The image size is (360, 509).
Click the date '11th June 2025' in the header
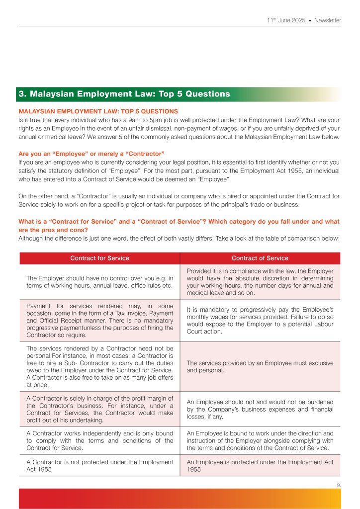(x=285, y=20)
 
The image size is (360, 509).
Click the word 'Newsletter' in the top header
(x=328, y=20)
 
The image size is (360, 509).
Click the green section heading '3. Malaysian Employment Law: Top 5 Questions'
(x=124, y=94)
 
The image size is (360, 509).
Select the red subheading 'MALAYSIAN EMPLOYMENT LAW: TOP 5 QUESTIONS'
(x=98, y=111)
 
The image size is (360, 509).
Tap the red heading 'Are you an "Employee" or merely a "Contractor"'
(x=91, y=153)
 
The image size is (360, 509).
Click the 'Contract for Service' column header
(x=99, y=258)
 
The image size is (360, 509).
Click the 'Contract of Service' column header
(x=260, y=258)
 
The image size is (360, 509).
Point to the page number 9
(x=339, y=483)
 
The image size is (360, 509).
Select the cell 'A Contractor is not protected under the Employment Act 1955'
(x=99, y=465)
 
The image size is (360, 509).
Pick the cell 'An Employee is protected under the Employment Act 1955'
(x=260, y=465)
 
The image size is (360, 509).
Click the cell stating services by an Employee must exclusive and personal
(x=260, y=367)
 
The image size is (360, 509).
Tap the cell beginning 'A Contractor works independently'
(x=99, y=440)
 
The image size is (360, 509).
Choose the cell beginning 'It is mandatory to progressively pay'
(x=260, y=320)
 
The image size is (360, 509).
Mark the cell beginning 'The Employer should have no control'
(x=99, y=282)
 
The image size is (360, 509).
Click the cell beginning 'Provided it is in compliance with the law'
(x=260, y=282)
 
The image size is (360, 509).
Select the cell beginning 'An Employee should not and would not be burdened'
(x=260, y=409)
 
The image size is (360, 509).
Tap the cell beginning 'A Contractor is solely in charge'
(x=99, y=409)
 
